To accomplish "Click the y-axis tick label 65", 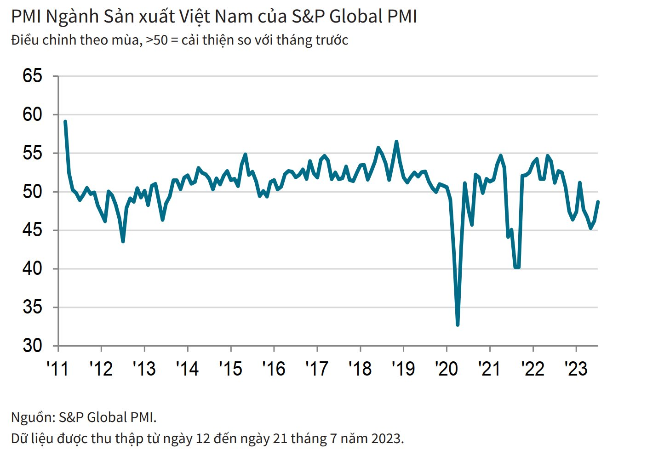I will pyautogui.click(x=32, y=76).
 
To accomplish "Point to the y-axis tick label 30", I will pyautogui.click(x=32, y=346).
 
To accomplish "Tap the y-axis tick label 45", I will pyautogui.click(x=32, y=230).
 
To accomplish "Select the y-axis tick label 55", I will pyautogui.click(x=32, y=153).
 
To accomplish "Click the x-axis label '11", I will pyautogui.click(x=57, y=369).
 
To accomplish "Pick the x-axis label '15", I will pyautogui.click(x=230, y=369).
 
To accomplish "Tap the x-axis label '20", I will pyautogui.click(x=446, y=369).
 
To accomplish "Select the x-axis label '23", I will pyautogui.click(x=576, y=369).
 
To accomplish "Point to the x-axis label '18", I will pyautogui.click(x=360, y=369).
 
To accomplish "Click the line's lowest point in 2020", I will pyautogui.click(x=458, y=325).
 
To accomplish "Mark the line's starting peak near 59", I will pyautogui.click(x=65, y=122).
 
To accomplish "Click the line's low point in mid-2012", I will pyautogui.click(x=123, y=241).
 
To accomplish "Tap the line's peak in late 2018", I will pyautogui.click(x=396, y=142).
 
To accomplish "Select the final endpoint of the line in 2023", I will pyautogui.click(x=598, y=202).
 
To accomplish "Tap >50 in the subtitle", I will pyautogui.click(x=157, y=40).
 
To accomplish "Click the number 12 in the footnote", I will pyautogui.click(x=203, y=439).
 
